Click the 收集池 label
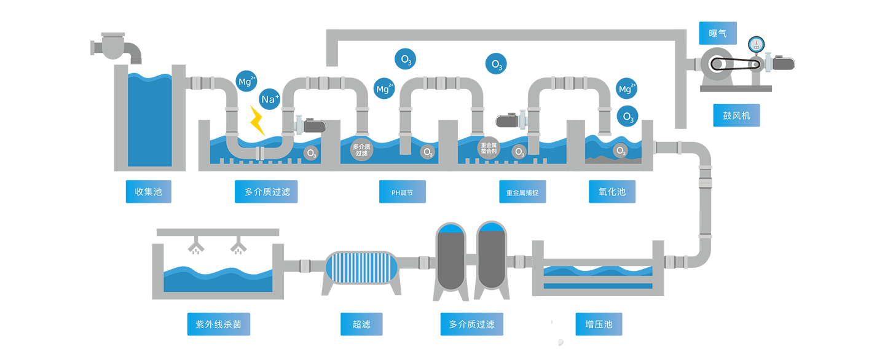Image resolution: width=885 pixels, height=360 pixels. [148, 192]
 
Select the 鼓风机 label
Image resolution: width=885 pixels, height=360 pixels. [736, 115]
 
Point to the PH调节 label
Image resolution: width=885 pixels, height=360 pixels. [403, 192]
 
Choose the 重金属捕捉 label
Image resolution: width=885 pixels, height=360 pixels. [522, 192]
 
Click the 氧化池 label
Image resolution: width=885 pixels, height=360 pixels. [612, 192]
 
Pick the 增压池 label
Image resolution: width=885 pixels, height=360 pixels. [599, 324]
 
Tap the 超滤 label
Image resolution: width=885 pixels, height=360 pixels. [361, 324]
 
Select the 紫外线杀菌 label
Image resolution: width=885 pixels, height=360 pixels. [218, 324]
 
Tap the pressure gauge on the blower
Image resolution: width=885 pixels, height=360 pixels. [755, 44]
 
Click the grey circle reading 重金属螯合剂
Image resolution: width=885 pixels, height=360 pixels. [489, 148]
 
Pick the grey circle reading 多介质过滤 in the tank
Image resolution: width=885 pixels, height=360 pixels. [361, 149]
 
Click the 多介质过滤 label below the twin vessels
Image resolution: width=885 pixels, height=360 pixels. [471, 324]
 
